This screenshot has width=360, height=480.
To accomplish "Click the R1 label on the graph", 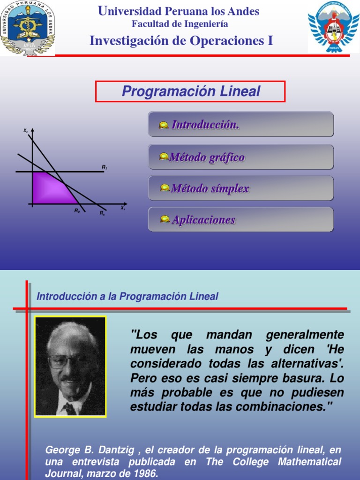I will click(x=104, y=167).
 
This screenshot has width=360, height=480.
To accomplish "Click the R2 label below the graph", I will click(x=77, y=211).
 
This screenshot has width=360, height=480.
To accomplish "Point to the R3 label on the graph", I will click(x=102, y=213).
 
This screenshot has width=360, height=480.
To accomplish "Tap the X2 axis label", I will click(x=25, y=131).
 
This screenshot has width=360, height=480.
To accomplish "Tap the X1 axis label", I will click(x=123, y=208).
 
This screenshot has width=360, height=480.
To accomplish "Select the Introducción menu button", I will click(x=241, y=124).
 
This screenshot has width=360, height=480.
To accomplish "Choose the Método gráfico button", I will click(x=241, y=157).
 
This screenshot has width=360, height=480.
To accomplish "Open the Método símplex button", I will click(x=241, y=188).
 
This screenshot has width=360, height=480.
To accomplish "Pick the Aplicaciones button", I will click(x=241, y=219).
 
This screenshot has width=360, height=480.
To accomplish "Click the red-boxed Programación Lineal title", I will click(x=191, y=91).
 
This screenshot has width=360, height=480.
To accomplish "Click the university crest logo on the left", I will click(x=27, y=28).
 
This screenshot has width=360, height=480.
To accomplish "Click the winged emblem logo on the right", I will click(x=333, y=27).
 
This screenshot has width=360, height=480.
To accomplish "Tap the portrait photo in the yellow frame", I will click(x=71, y=367).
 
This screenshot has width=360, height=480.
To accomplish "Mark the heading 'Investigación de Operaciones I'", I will click(x=181, y=41).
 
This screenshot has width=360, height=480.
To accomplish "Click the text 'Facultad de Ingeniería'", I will click(x=180, y=24).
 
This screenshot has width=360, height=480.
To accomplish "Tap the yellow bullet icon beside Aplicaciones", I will click(x=165, y=219).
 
